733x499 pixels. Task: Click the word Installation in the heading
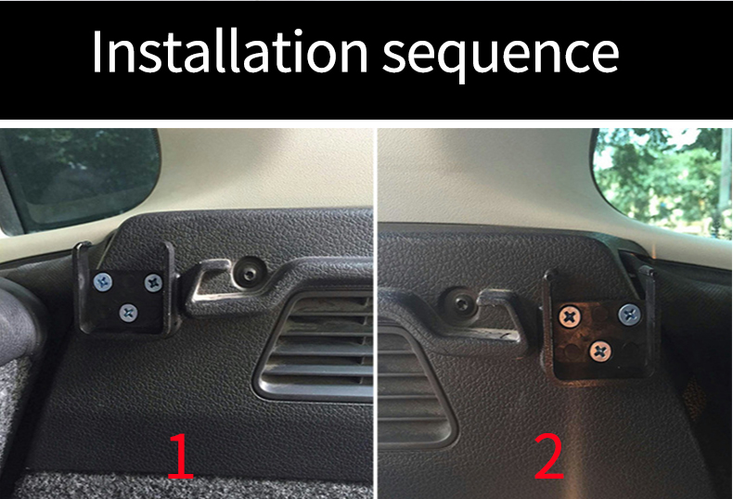click(230, 51)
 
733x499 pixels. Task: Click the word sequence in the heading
click(501, 57)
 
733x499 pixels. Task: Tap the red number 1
click(180, 456)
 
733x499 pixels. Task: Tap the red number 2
click(549, 456)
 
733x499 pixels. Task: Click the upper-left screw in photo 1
click(103, 282)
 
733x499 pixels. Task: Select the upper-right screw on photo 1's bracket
click(153, 283)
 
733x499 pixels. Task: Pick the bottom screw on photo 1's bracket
click(128, 313)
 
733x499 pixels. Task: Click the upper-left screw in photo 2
click(570, 317)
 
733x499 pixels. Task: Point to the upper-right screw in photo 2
click(629, 314)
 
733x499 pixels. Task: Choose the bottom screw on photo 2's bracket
click(600, 352)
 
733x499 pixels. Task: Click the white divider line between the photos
click(376, 313)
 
